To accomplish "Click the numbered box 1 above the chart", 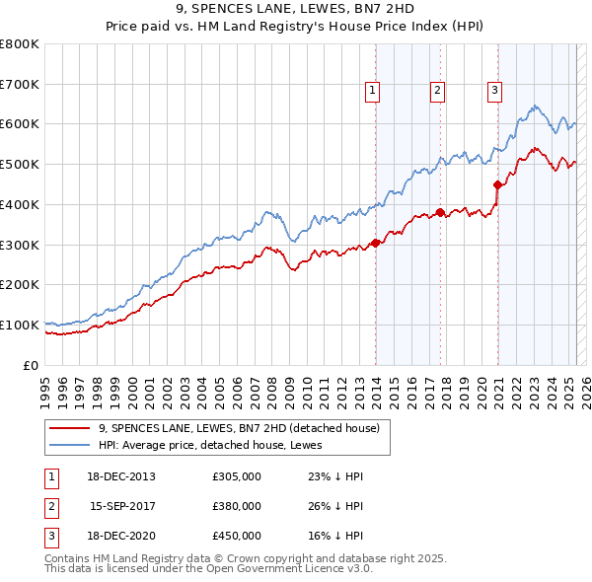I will [372, 91].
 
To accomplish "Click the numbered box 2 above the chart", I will [437, 91].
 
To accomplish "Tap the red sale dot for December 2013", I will [376, 243].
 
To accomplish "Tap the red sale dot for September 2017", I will [440, 212].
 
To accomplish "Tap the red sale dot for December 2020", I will [497, 184].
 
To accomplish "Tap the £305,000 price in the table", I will [237, 476].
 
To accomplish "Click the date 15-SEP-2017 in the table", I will [122, 506].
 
